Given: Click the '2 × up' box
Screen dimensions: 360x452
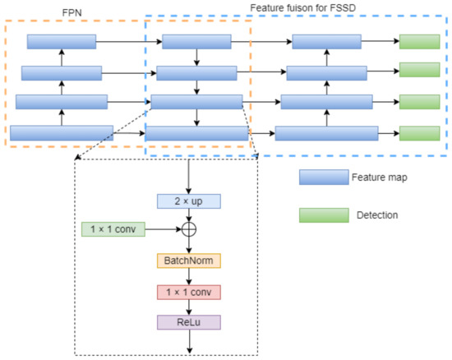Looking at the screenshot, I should click(190, 201).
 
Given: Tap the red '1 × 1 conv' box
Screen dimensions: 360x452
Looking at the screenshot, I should click(190, 291).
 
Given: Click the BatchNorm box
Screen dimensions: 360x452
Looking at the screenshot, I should click(190, 261).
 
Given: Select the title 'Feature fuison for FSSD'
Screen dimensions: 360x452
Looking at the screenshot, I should click(297, 7).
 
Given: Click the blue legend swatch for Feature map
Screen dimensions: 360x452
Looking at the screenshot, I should click(323, 177).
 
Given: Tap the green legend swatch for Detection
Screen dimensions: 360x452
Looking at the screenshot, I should click(323, 215).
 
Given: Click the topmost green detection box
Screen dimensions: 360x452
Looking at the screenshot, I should click(419, 42).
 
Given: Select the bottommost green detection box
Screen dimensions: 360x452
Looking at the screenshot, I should click(419, 133).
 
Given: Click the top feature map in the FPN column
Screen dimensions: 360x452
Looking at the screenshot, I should click(61, 42).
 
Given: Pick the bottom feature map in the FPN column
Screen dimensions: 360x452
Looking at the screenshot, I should click(61, 133).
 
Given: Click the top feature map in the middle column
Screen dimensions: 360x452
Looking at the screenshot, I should click(197, 42).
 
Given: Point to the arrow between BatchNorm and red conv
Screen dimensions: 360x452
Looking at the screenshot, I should click(190, 276).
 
